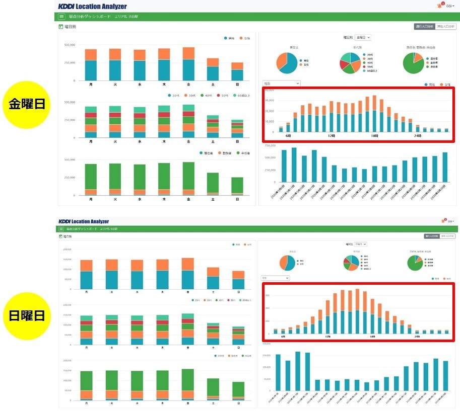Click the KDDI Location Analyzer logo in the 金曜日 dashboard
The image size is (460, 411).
click(92, 7)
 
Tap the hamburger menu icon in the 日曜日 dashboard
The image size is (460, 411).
click(61, 229)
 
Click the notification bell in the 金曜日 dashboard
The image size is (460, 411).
click(439, 6)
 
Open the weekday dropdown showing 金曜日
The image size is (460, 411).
click(363, 37)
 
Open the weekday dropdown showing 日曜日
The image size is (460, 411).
click(361, 244)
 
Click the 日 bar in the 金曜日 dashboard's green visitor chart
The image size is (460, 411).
click(237, 186)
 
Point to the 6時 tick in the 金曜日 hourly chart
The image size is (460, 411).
click(288, 136)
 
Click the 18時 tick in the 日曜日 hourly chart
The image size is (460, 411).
click(372, 337)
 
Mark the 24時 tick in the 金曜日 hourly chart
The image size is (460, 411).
click(417, 136)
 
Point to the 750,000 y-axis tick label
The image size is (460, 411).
click(270, 145)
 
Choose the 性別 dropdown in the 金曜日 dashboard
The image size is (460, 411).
click(281, 84)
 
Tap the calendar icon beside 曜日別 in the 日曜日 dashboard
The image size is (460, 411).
click(61, 236)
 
